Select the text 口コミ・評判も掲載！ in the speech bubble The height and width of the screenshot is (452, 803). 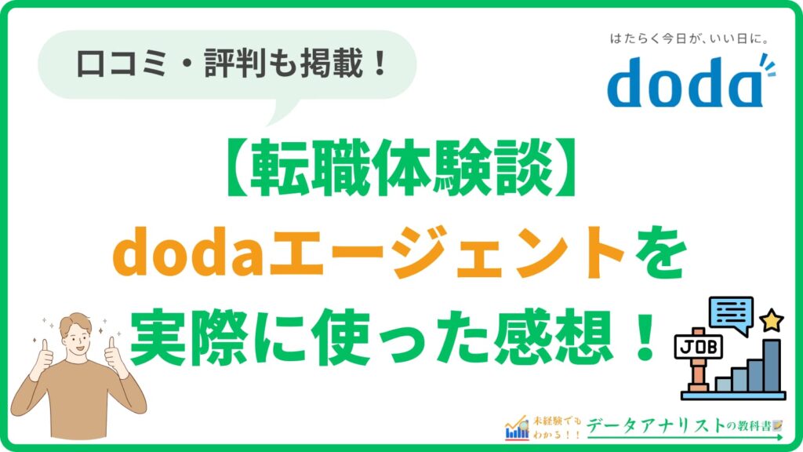click(233, 64)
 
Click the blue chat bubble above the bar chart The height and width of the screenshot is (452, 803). click(730, 313)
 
